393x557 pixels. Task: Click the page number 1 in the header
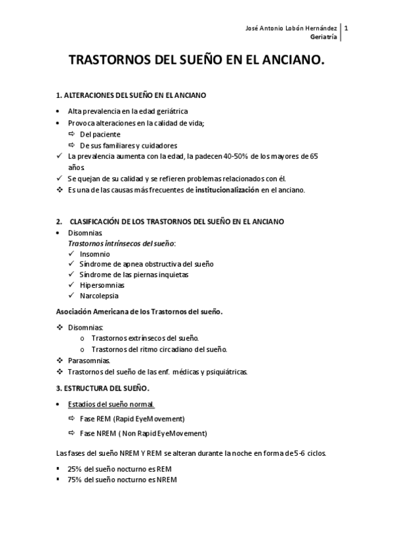click(346, 29)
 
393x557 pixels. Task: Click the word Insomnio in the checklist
click(95, 254)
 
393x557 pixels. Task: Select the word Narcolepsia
click(99, 296)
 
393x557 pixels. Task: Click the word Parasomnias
click(89, 361)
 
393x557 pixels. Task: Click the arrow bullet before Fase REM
click(72, 419)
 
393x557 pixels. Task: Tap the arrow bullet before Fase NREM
click(72, 434)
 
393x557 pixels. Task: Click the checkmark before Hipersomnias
click(71, 285)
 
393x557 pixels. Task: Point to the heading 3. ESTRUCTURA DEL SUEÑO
click(102, 388)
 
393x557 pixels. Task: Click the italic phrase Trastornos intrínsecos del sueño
click(121, 243)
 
